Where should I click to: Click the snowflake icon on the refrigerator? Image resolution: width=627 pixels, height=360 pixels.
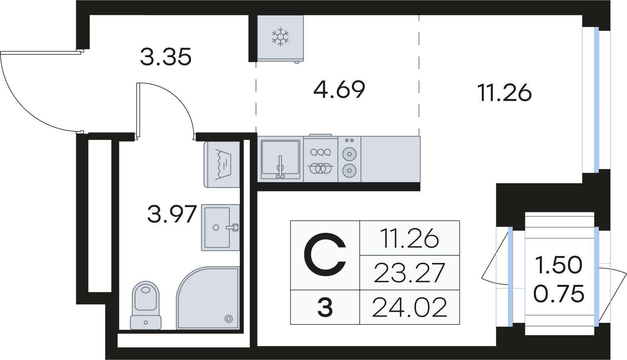pyautogui.click(x=280, y=37)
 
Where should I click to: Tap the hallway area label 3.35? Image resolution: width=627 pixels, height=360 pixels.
pyautogui.click(x=166, y=57)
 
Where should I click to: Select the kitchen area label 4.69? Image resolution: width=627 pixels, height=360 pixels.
pyautogui.click(x=339, y=90)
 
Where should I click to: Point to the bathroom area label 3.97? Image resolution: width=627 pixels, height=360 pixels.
pyautogui.click(x=172, y=214)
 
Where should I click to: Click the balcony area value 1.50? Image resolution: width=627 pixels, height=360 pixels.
pyautogui.click(x=559, y=265)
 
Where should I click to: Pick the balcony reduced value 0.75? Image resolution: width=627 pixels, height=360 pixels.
pyautogui.click(x=559, y=293)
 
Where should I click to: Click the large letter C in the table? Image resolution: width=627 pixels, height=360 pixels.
pyautogui.click(x=325, y=255)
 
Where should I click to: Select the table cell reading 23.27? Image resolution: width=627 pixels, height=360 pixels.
pyautogui.click(x=409, y=272)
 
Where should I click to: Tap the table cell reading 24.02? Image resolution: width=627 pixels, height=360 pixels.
pyautogui.click(x=409, y=307)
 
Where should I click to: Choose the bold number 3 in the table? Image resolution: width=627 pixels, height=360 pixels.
pyautogui.click(x=325, y=308)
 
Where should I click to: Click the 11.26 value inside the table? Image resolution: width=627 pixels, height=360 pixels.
pyautogui.click(x=409, y=238)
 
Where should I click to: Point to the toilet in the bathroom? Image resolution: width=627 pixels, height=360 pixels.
pyautogui.click(x=146, y=305)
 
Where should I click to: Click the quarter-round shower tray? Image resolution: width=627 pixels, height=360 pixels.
pyautogui.click(x=208, y=298)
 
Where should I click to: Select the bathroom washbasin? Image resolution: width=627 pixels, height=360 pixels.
pyautogui.click(x=220, y=227)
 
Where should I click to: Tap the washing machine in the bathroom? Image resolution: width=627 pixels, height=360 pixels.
pyautogui.click(x=222, y=164)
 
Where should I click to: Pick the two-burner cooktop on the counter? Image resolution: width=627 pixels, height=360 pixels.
pyautogui.click(x=349, y=159)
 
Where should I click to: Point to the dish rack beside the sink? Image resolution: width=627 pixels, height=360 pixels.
pyautogui.click(x=321, y=159)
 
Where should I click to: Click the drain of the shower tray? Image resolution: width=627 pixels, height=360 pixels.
pyautogui.click(x=229, y=319)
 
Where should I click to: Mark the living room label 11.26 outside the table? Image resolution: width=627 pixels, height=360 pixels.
pyautogui.click(x=505, y=93)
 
